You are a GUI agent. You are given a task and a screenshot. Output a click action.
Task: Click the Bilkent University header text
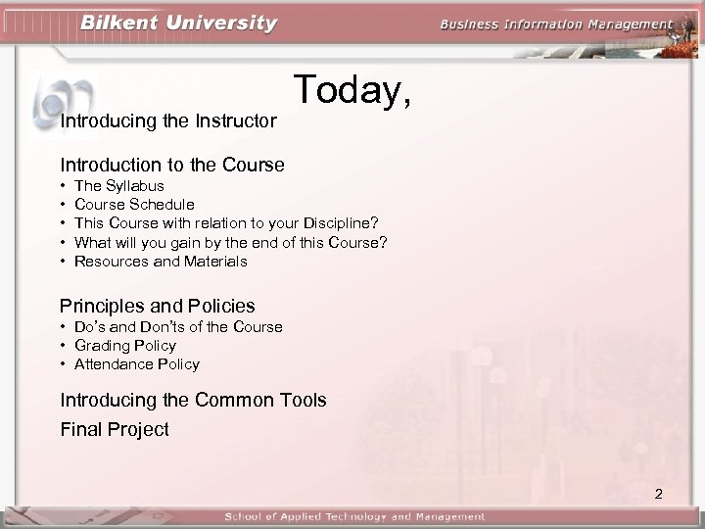178,23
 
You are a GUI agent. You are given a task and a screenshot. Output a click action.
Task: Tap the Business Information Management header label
555,24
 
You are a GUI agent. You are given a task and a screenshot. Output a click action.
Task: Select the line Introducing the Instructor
168,121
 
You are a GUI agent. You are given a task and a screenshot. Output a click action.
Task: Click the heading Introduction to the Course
172,165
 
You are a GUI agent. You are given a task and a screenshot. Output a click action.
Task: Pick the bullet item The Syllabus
119,186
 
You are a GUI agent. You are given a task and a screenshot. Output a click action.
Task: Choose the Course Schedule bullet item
134,205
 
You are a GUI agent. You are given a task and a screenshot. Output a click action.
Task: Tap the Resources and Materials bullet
161,262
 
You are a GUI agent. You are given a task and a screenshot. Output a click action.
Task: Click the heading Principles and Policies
158,306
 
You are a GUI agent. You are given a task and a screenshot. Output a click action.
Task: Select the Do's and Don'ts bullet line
178,327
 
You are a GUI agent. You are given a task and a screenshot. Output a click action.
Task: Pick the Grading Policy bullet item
125,346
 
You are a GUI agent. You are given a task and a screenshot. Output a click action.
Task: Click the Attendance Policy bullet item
137,364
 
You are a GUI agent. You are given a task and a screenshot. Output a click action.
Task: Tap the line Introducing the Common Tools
193,400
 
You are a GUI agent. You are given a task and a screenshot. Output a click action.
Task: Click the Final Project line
115,429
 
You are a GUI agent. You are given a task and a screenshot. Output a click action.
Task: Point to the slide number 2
658,494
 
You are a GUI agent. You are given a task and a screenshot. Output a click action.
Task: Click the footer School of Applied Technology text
354,516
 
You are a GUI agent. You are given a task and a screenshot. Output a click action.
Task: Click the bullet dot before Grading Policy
64,346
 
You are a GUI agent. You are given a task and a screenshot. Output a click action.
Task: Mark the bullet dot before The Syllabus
64,186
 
